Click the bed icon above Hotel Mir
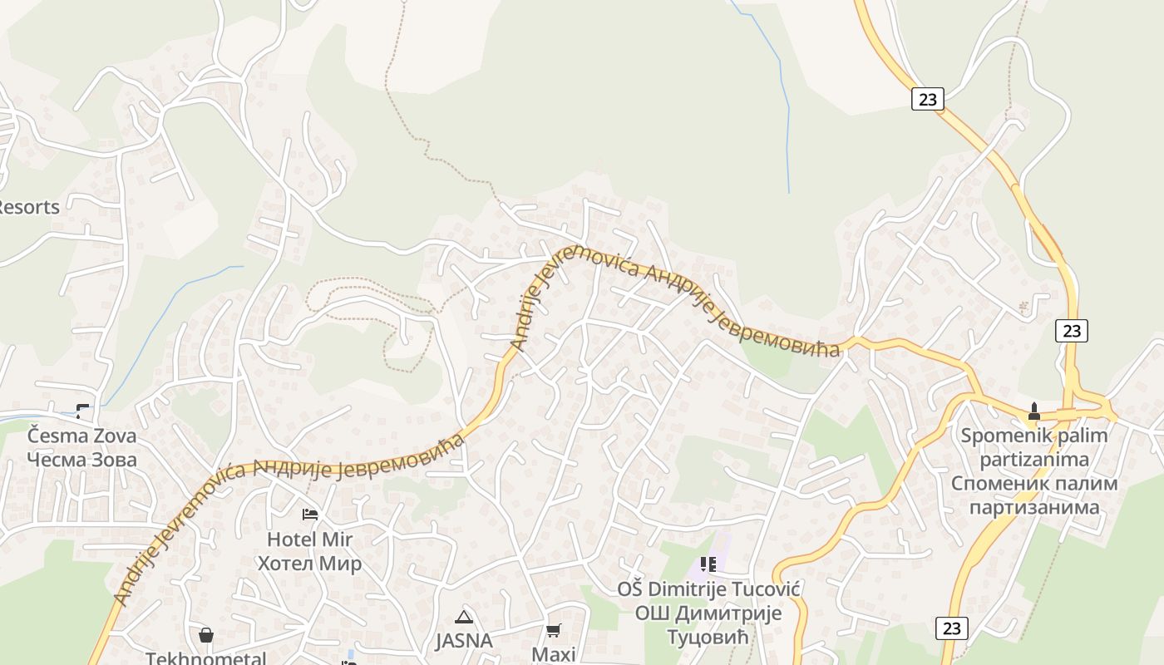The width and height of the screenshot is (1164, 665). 310,515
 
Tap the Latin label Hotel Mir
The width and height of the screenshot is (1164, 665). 310,539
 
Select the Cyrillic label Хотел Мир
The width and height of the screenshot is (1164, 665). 310,564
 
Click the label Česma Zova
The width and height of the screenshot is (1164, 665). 81,436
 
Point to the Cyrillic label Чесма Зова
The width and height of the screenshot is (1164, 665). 81,460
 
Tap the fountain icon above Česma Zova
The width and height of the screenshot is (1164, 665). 82,410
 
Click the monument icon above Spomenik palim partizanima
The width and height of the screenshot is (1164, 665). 1034,411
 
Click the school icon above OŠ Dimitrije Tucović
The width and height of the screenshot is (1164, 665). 708,565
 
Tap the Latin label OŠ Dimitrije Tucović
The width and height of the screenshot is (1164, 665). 708,589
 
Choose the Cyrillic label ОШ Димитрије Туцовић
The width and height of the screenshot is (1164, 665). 708,625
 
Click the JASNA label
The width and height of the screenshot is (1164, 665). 464,641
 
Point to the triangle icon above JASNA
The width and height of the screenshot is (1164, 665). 464,617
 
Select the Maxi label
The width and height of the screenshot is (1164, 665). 554,654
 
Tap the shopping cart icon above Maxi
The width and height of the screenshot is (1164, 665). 554,631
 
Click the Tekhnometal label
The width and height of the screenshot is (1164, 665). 206,658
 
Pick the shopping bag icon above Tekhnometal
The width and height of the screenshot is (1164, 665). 206,636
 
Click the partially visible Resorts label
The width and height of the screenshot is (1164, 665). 29,207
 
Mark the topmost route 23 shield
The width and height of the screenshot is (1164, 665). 928,100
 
